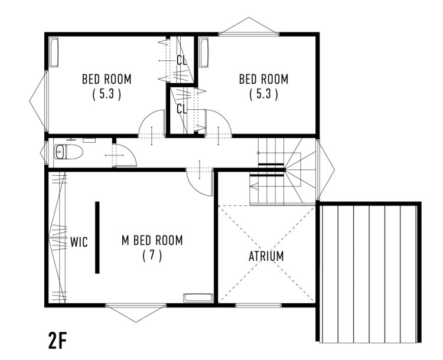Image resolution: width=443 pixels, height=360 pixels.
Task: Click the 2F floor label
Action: (x=57, y=341)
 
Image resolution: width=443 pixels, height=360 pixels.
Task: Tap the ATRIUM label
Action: (x=266, y=256)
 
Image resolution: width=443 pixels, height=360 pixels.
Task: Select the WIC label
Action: (x=79, y=242)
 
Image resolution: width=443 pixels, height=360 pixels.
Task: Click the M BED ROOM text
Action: (x=152, y=240)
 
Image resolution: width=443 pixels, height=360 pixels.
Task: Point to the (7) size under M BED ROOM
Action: (x=152, y=256)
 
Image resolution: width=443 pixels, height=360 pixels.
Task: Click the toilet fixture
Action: (x=69, y=152)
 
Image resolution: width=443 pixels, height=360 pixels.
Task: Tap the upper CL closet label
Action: (x=182, y=60)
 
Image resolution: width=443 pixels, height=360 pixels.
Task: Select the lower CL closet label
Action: (x=182, y=109)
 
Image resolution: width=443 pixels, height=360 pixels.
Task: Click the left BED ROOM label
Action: (x=107, y=79)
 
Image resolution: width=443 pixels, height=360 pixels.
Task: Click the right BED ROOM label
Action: (x=263, y=79)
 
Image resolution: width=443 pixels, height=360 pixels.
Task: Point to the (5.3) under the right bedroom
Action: (x=263, y=94)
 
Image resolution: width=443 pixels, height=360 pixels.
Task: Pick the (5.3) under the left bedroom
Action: (x=107, y=94)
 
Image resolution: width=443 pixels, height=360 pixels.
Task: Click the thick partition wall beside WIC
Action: (x=97, y=237)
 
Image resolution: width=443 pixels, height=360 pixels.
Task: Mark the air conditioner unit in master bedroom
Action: (x=198, y=298)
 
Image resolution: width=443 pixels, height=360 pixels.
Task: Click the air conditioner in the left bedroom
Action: (x=54, y=53)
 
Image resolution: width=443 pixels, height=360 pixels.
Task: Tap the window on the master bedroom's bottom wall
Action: (x=136, y=305)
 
